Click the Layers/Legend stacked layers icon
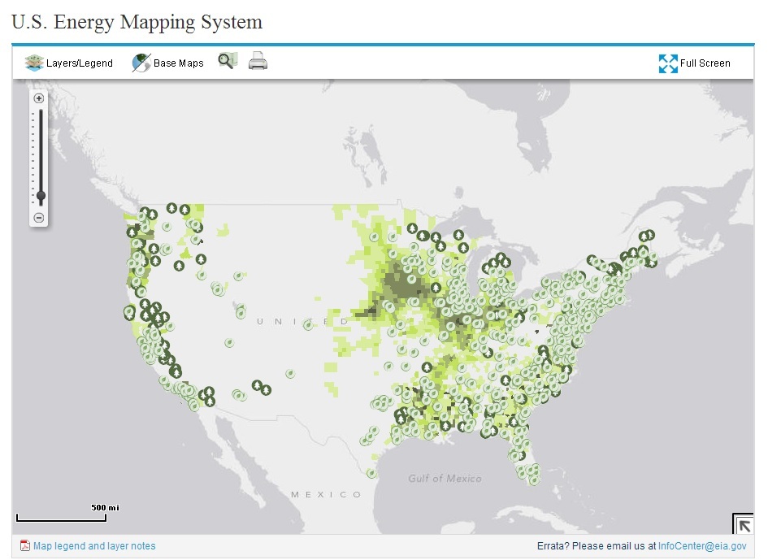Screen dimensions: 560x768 pyautogui.click(x=34, y=63)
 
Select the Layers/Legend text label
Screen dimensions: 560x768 pyautogui.click(x=80, y=63)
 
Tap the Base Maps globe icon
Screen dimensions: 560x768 pyautogui.click(x=141, y=63)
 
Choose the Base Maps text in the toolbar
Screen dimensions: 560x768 pyautogui.click(x=179, y=63)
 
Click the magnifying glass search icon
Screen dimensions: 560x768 pyautogui.click(x=227, y=61)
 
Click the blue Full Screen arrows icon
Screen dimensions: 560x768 pyautogui.click(x=668, y=63)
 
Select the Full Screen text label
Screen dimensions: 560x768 pyautogui.click(x=705, y=63)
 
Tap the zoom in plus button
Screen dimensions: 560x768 pyautogui.click(x=39, y=98)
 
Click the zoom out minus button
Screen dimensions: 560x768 pyautogui.click(x=39, y=217)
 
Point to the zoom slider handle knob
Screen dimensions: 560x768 pyautogui.click(x=40, y=196)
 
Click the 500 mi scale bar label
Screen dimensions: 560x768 pyautogui.click(x=105, y=507)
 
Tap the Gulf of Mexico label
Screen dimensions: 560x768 pyautogui.click(x=445, y=478)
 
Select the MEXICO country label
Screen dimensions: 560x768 pyautogui.click(x=327, y=494)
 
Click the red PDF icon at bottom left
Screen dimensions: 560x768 pyautogui.click(x=24, y=546)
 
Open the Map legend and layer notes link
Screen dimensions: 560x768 pyautogui.click(x=94, y=546)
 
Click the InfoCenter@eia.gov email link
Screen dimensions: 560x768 pyautogui.click(x=701, y=546)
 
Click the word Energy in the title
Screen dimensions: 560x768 pyautogui.click(x=87, y=22)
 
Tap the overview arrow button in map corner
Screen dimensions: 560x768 pyautogui.click(x=744, y=523)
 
